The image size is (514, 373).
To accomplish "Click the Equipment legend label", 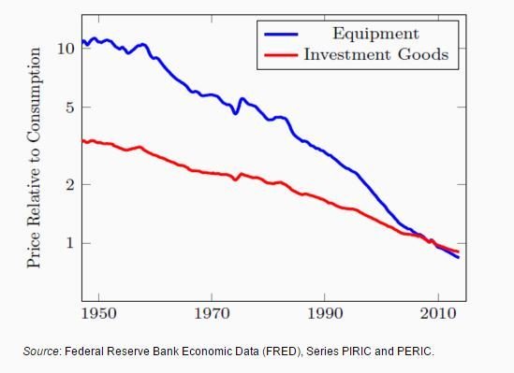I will [374, 34].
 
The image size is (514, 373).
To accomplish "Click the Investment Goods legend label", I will [375, 54].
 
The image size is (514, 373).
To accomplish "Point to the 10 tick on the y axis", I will [64, 48].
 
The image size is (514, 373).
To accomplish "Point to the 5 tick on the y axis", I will [67, 107].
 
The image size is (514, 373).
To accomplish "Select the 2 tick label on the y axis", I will [67, 184].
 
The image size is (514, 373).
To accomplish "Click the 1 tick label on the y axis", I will [67, 243].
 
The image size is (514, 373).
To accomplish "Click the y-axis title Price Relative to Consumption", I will [34, 166].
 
